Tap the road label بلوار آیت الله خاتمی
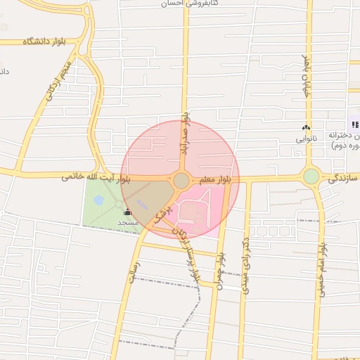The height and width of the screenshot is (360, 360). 96,178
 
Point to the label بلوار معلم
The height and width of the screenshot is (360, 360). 214,181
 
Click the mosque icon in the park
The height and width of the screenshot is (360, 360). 127,212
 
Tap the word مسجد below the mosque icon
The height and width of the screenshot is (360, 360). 127,222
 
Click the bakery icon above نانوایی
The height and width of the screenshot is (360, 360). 305,128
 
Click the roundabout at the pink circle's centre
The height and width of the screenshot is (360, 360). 181,181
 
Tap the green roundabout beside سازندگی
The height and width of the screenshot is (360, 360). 311,176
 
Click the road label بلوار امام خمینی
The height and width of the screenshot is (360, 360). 322,269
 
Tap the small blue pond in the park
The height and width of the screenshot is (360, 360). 98,200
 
